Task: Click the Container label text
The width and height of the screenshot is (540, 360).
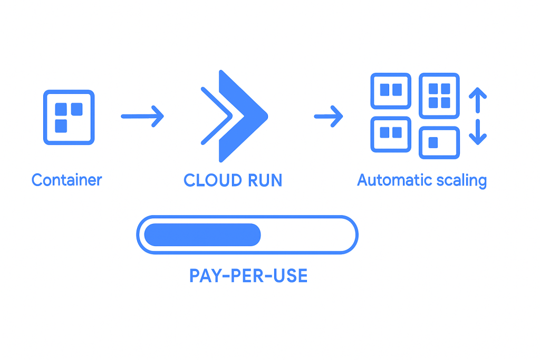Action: [66, 180]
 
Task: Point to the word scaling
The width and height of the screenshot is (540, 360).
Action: [462, 181]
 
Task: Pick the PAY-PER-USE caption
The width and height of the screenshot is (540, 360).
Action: [248, 276]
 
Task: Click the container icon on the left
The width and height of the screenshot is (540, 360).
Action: [69, 117]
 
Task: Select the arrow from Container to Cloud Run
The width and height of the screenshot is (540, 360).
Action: [142, 116]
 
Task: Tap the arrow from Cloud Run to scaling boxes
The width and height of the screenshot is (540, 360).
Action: [329, 116]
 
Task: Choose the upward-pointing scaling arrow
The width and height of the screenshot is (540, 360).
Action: [477, 100]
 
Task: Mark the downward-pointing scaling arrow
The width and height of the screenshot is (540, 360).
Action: [477, 132]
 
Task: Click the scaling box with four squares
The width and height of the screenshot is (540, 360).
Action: [439, 95]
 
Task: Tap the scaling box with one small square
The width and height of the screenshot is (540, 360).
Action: [439, 142]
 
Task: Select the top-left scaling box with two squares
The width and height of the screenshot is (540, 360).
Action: [391, 91]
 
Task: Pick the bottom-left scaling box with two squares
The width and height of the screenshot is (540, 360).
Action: [391, 133]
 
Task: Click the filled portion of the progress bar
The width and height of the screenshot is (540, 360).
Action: [202, 235]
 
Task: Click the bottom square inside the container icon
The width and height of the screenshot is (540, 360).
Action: [62, 125]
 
